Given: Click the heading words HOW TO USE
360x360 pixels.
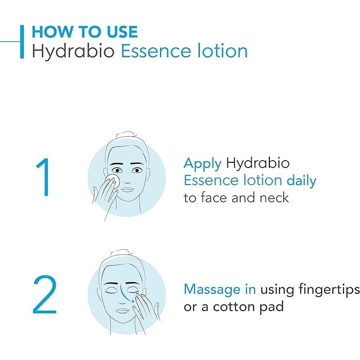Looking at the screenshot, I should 84,31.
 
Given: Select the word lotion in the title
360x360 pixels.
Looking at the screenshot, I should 223,51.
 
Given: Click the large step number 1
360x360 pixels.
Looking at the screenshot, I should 45,179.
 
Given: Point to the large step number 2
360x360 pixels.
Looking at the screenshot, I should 45,295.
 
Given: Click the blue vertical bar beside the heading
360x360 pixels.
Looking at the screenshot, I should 22,41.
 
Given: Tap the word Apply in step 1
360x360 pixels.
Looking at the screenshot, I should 202,163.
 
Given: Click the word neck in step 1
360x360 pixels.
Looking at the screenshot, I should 275,198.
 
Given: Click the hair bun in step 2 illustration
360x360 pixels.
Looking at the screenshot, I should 124,251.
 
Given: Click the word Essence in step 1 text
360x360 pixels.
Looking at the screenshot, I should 210,180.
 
